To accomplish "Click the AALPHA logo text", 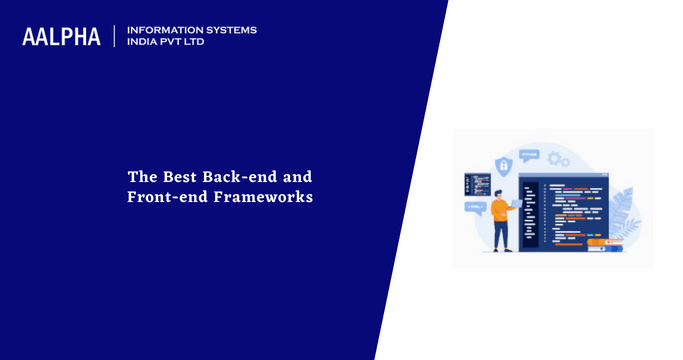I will pyautogui.click(x=62, y=37).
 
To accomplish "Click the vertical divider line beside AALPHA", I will pyautogui.click(x=115, y=37).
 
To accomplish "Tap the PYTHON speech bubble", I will pyautogui.click(x=529, y=154).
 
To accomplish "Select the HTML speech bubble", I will pyautogui.click(x=474, y=209).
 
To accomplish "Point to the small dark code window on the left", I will pyautogui.click(x=476, y=185).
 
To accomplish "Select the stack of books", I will pyautogui.click(x=605, y=243).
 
